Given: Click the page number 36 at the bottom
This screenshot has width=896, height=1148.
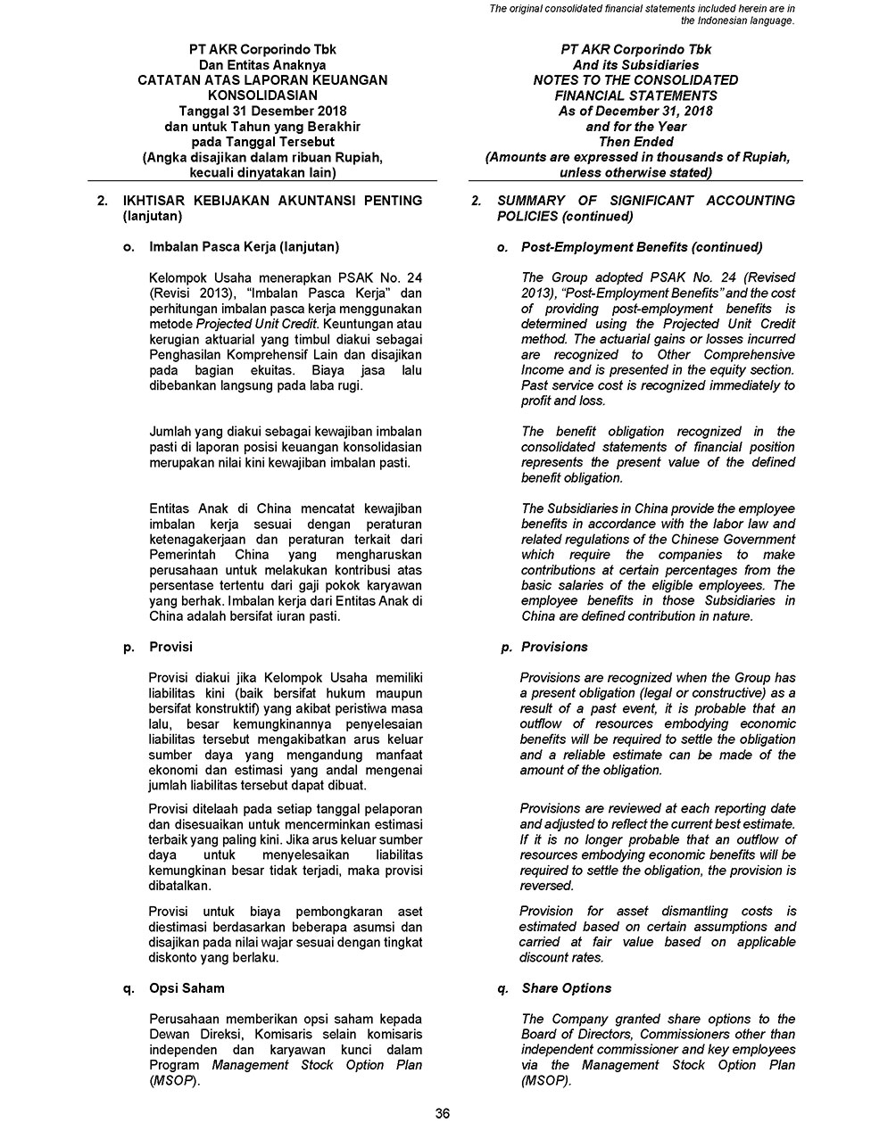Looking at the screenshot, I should (x=442, y=1112).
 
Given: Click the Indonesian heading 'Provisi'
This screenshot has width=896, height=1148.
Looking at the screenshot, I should (x=170, y=647).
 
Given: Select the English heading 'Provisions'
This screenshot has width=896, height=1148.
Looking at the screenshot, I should (x=554, y=647).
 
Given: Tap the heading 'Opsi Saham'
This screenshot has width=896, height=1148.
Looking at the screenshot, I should (x=187, y=988).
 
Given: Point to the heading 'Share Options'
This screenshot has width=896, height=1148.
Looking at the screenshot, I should (x=567, y=988).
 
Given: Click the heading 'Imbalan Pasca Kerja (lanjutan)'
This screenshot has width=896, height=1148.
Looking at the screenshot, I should (x=244, y=246).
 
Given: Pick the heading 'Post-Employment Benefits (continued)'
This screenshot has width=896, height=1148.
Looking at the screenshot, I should (x=642, y=246).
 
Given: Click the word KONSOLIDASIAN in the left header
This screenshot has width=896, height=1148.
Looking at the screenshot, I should (x=262, y=95).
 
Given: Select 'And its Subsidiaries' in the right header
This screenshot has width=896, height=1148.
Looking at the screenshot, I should (x=635, y=65).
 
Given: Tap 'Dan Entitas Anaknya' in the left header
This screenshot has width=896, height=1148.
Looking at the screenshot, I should (x=262, y=65).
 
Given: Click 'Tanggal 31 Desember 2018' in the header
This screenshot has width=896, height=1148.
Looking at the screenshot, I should (x=262, y=111).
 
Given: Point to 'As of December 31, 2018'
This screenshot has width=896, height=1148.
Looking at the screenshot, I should (x=635, y=111).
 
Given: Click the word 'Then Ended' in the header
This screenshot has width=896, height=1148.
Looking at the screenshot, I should (x=635, y=142).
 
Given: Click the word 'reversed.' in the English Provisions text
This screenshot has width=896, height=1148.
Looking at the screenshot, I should (x=546, y=886).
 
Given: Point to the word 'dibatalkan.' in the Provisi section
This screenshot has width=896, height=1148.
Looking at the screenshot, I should (x=180, y=886).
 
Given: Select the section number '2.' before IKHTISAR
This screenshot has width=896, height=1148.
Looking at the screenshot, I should (x=103, y=201).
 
